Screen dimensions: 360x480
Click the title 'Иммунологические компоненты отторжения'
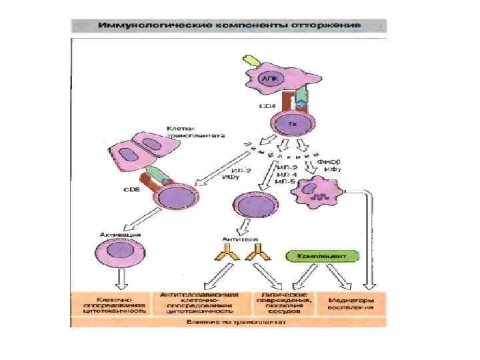point(229,25)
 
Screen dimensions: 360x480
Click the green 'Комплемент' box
point(323,256)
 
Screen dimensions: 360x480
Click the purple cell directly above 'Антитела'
point(253,207)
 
